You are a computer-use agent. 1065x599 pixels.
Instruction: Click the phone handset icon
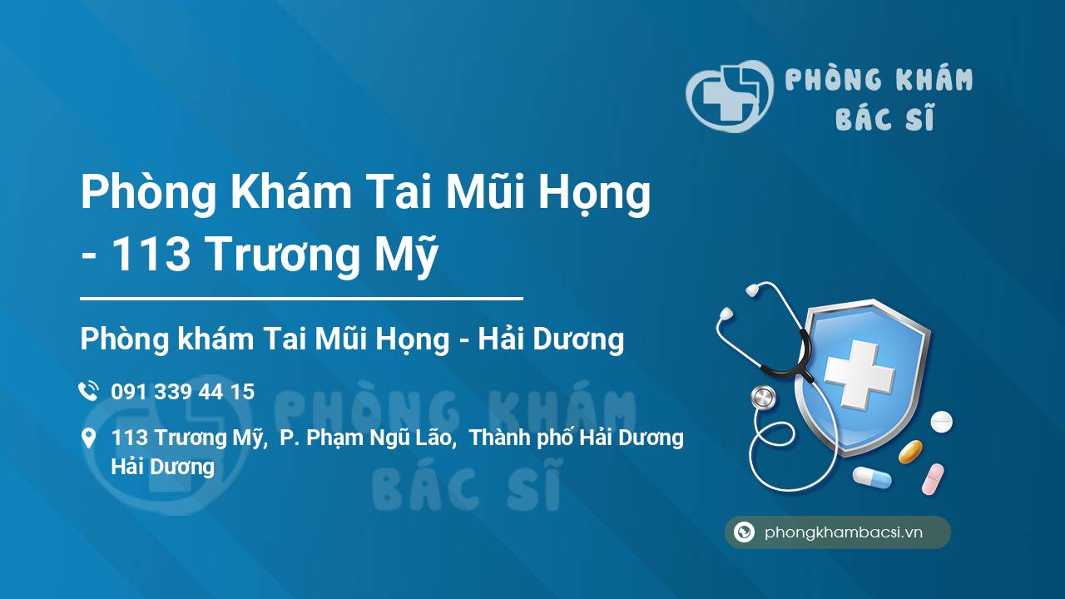pyautogui.click(x=88, y=391)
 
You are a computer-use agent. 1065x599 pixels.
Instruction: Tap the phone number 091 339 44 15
pyautogui.click(x=183, y=392)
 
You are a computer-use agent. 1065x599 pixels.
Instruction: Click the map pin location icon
pyautogui.click(x=88, y=438)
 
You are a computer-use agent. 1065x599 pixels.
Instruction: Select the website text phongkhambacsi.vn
pyautogui.click(x=844, y=532)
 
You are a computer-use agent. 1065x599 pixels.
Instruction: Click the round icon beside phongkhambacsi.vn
pyautogui.click(x=744, y=532)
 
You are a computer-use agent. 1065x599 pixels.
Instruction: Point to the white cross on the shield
pyautogui.click(x=859, y=374)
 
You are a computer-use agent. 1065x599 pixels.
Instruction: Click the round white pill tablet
pyautogui.click(x=941, y=422)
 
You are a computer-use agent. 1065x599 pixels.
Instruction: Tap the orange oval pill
pyautogui.click(x=910, y=451)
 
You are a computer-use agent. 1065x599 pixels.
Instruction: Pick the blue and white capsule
pyautogui.click(x=872, y=477)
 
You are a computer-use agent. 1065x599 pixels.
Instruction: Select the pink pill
pyautogui.click(x=933, y=479)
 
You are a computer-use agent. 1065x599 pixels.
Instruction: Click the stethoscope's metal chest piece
pyautogui.click(x=763, y=398)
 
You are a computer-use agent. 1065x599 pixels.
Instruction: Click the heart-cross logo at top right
pyautogui.click(x=730, y=96)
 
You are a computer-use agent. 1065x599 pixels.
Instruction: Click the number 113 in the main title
pyautogui.click(x=151, y=255)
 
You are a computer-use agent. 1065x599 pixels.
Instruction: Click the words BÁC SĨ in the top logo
pyautogui.click(x=884, y=117)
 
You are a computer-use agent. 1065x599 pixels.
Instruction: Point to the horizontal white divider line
pyautogui.click(x=301, y=299)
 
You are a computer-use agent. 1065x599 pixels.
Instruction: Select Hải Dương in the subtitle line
pyautogui.click(x=551, y=339)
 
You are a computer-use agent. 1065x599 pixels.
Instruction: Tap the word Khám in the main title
pyautogui.click(x=290, y=191)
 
